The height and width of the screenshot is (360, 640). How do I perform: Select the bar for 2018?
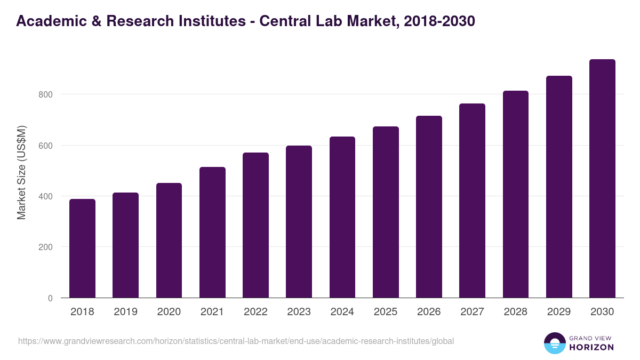pos(82,249)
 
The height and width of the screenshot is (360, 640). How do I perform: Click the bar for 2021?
pos(212,233)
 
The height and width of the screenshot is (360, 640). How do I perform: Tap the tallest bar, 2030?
pos(602,179)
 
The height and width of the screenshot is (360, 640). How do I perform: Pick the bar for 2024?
pos(342,217)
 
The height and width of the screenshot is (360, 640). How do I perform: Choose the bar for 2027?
pos(472,201)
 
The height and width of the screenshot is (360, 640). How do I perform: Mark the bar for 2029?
pos(559,187)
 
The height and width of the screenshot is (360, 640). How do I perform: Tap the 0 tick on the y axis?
pos(50,298)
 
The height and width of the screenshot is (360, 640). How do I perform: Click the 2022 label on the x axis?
pos(255,312)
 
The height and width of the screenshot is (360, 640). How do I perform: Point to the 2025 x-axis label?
pos(386,312)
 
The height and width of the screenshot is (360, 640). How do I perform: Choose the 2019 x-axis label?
pos(125,312)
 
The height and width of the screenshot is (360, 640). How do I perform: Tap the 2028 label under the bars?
pos(516,312)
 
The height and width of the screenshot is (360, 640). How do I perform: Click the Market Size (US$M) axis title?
pos(22,172)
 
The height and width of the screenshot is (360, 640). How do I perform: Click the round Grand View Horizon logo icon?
pos(555,343)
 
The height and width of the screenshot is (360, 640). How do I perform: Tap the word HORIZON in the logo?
pos(591,347)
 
